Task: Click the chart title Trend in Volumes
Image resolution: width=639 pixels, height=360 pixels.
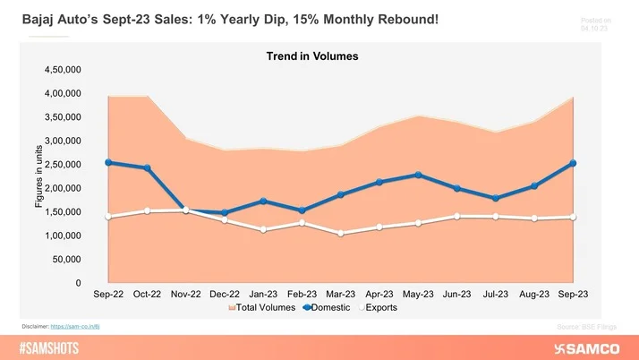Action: (312, 56)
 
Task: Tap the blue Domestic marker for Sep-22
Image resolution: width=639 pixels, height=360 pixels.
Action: (108, 162)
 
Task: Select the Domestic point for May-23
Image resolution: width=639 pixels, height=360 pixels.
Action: (418, 175)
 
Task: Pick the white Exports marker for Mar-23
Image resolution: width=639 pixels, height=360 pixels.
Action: (340, 233)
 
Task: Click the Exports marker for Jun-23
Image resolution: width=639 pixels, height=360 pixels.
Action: (456, 216)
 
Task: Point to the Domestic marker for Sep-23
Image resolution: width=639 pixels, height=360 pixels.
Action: (573, 163)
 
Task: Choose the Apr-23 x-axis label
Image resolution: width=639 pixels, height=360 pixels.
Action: (379, 294)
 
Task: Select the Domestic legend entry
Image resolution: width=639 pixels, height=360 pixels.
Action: (337, 307)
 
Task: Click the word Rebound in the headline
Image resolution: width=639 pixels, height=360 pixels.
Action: (404, 18)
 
